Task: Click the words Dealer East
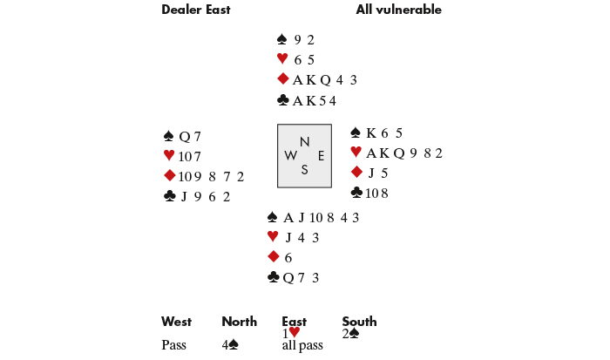coord(196,10)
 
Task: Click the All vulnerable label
coord(398,10)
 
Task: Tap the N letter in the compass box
coord(304,142)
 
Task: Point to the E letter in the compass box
coord(321,156)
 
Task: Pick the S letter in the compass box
coord(304,170)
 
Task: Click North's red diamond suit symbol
coord(283,79)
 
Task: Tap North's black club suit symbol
coord(283,100)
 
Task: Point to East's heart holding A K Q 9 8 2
coord(403,153)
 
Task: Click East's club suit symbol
coord(356,193)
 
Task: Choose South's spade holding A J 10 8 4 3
coord(322,217)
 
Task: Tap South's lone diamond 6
coord(288,257)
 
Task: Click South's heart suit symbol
coord(273,237)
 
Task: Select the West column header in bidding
coord(176,322)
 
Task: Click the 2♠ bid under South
coord(351,333)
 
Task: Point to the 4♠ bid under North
coord(230,345)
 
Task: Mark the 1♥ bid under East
coord(291,333)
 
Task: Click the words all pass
coord(302,345)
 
